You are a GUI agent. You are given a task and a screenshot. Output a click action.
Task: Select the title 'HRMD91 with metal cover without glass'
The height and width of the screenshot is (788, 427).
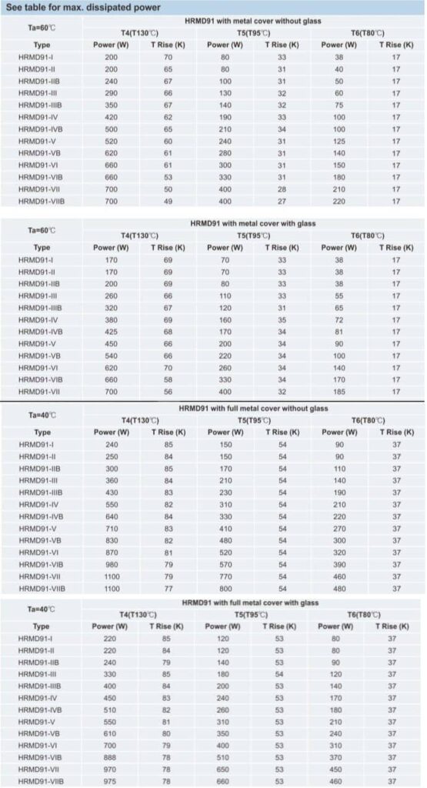(x=255, y=21)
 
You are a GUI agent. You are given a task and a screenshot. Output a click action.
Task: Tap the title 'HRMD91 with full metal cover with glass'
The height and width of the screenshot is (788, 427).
(x=254, y=603)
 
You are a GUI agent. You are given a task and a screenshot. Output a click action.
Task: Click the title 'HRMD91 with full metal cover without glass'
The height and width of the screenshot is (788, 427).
(x=254, y=409)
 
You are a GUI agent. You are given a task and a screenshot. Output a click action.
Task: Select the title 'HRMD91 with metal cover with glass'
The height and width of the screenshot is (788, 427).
(x=254, y=223)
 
